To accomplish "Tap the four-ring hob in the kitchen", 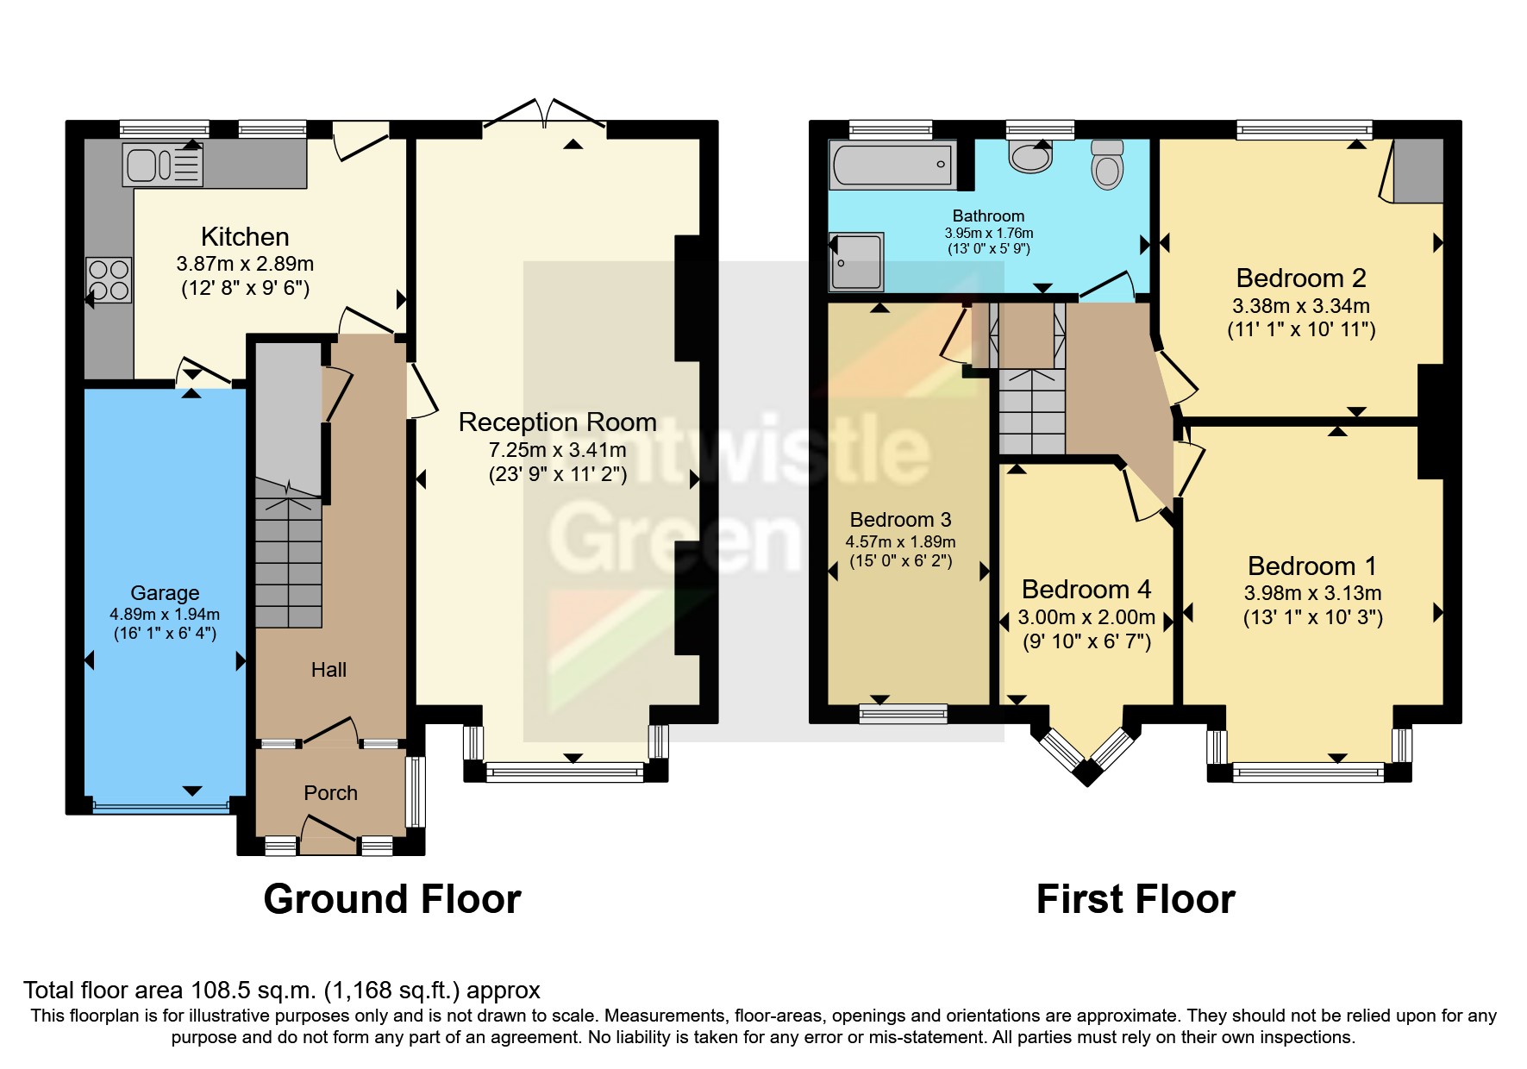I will [x=109, y=280].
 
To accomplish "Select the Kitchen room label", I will [x=245, y=237].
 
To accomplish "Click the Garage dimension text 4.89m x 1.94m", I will [x=165, y=615].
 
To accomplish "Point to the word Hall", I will [x=329, y=670].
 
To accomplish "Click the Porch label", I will [x=330, y=793].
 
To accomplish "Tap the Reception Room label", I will [x=557, y=422].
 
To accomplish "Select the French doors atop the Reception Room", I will [x=545, y=115].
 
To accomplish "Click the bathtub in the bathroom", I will [x=892, y=164].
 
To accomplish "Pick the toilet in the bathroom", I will [x=1107, y=164].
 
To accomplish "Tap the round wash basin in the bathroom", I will [x=1030, y=158].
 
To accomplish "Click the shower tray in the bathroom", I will [x=856, y=261].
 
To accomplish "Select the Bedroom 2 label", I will [x=1300, y=278].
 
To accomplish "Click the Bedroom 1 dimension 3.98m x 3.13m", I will [x=1312, y=593].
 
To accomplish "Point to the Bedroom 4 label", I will [x=1086, y=590].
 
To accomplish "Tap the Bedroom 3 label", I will [x=900, y=520].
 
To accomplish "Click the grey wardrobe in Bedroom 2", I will [x=1417, y=171].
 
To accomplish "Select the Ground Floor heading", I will [x=392, y=899].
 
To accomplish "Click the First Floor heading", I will [x=1136, y=899].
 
